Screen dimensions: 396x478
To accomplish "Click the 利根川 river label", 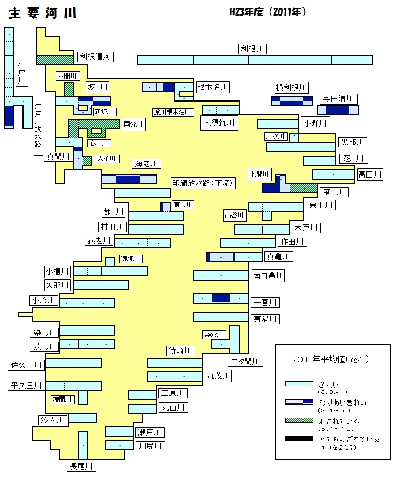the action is pyautogui.click(x=252, y=49).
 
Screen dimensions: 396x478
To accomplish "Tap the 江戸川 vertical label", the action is pyautogui.click(x=21, y=71).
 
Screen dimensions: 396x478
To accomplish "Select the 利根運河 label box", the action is pyautogui.click(x=95, y=57).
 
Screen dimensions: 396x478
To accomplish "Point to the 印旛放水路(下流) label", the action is pyautogui.click(x=203, y=183).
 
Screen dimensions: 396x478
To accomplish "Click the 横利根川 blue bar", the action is pyautogui.click(x=292, y=101).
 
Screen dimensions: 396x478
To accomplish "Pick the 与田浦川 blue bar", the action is pyautogui.click(x=338, y=110).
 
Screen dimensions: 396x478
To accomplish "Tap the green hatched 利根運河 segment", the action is pyautogui.click(x=55, y=60).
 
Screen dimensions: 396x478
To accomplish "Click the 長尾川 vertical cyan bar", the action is pyautogui.click(x=83, y=445).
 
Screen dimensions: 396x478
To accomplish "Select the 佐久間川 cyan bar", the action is pyautogui.click(x=74, y=363).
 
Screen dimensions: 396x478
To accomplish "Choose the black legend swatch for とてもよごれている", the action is pyautogui.click(x=299, y=439).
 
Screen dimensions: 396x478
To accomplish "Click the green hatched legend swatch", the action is pyautogui.click(x=299, y=420).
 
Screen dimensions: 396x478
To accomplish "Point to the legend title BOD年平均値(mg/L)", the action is pyautogui.click(x=329, y=359).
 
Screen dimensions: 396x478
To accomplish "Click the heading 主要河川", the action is pyautogui.click(x=42, y=13).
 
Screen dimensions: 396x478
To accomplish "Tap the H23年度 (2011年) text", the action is pyautogui.click(x=268, y=12).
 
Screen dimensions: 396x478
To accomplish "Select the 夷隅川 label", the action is pyautogui.click(x=265, y=319).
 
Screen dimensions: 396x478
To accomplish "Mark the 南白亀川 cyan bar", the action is pyautogui.click(x=220, y=275).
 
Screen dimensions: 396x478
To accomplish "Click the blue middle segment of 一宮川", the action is pyautogui.click(x=221, y=298).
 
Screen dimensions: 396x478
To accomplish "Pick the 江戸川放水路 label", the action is pyautogui.click(x=38, y=125).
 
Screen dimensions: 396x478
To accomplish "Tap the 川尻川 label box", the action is pyautogui.click(x=150, y=446).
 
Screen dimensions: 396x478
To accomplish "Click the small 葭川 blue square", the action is pyautogui.click(x=166, y=207).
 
